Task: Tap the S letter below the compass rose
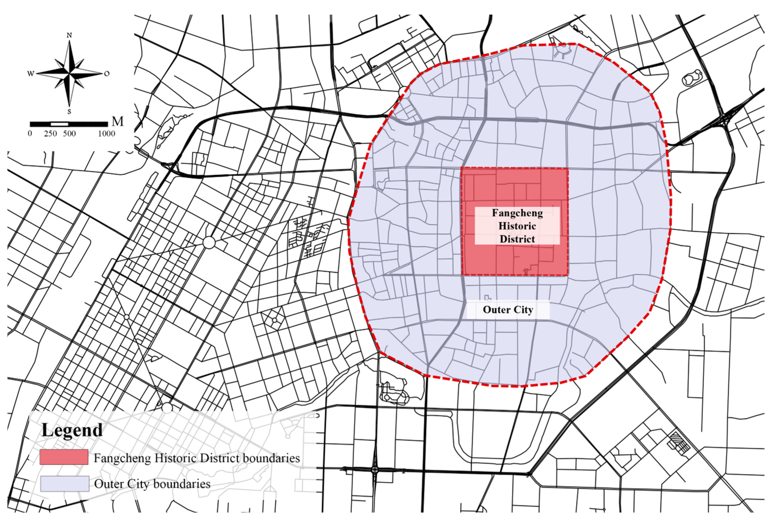(x=69, y=112)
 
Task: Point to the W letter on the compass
(x=30, y=74)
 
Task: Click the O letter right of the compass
(x=107, y=73)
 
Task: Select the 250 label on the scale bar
(x=50, y=134)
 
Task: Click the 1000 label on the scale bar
(x=107, y=134)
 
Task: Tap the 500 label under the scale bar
(x=69, y=134)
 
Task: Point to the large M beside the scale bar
(x=117, y=121)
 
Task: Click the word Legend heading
(x=72, y=430)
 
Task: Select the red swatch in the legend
(x=64, y=457)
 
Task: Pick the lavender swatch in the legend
(x=65, y=484)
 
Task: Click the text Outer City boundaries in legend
(x=152, y=484)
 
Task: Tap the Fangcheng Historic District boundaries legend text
(x=197, y=458)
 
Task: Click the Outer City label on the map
(x=508, y=309)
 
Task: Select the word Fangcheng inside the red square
(x=517, y=213)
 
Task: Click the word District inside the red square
(x=517, y=239)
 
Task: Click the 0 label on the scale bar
(x=30, y=134)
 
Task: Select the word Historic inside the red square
(x=517, y=226)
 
